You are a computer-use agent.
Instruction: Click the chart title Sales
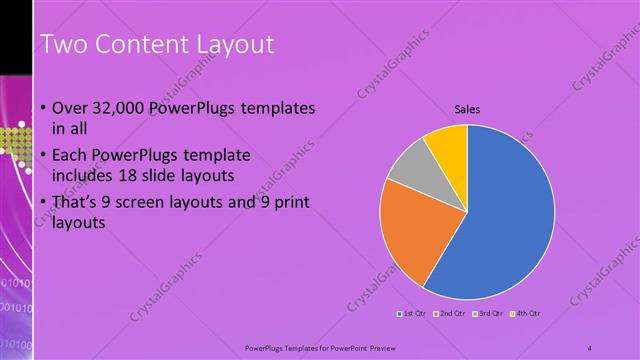click(467, 109)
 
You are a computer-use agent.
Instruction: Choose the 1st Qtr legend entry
click(413, 314)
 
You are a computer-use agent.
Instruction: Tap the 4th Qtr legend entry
click(526, 314)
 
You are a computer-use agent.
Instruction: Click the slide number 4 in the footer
click(590, 347)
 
